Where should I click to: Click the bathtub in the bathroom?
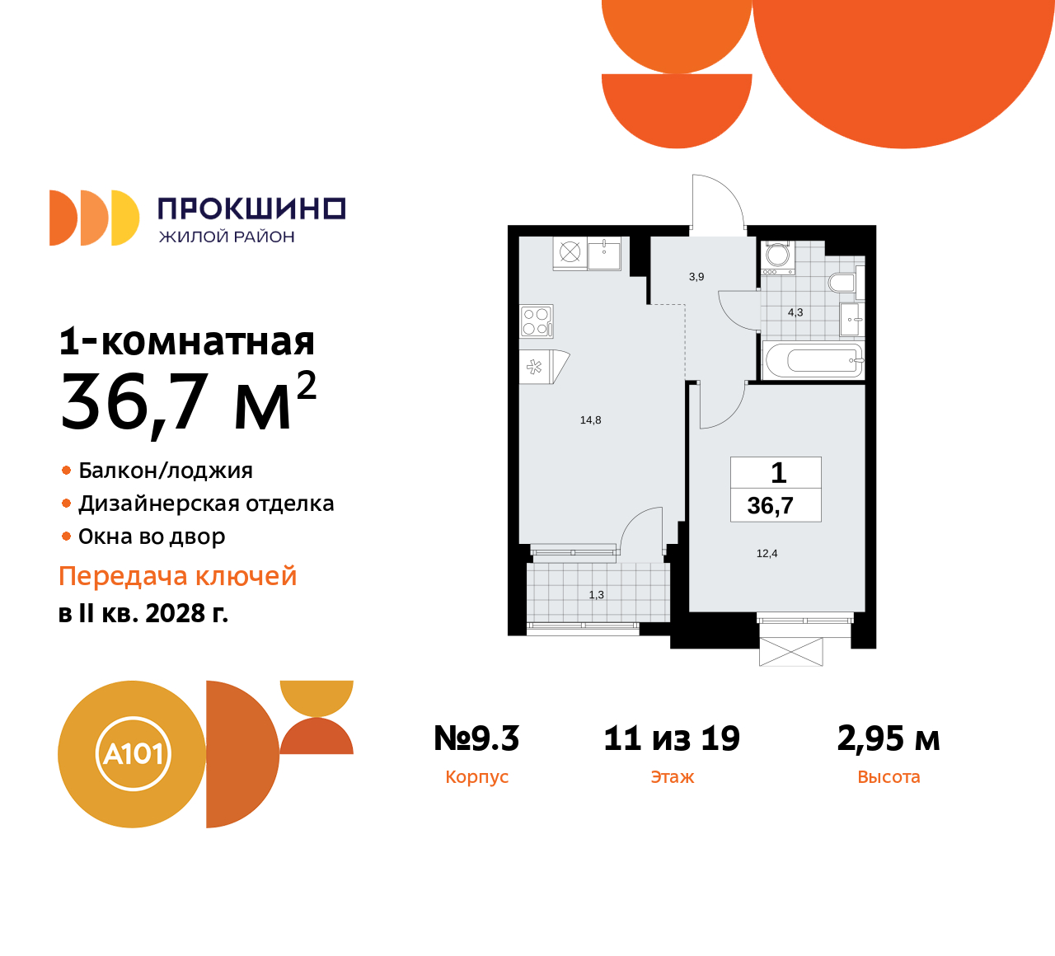(x=813, y=360)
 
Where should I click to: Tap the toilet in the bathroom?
(x=842, y=283)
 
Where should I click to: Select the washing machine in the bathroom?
(x=777, y=257)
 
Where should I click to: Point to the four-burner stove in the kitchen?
(x=536, y=321)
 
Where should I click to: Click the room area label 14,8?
(x=590, y=420)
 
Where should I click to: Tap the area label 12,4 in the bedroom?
(x=767, y=554)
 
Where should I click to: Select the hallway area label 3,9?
(x=696, y=277)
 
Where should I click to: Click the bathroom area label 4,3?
(x=795, y=312)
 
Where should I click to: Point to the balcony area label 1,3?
(x=596, y=595)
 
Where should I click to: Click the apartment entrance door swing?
(x=717, y=202)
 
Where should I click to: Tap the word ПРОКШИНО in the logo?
(x=251, y=209)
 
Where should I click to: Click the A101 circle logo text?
(x=133, y=754)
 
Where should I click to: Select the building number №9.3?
(x=476, y=738)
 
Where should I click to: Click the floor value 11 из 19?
(x=672, y=738)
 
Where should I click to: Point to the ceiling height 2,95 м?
(x=889, y=738)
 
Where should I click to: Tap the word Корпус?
(x=476, y=777)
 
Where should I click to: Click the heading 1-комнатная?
(x=187, y=341)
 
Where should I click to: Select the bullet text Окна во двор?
(x=152, y=537)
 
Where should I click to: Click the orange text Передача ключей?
(x=177, y=576)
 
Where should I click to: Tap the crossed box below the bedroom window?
(x=791, y=652)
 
